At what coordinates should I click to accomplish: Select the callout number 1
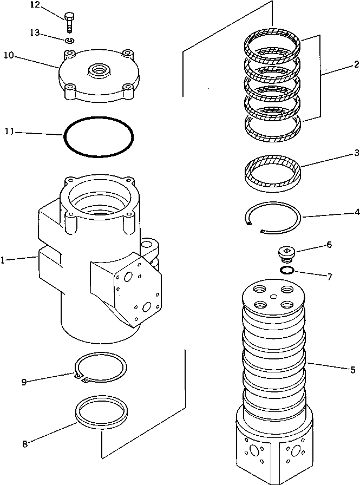[3, 260]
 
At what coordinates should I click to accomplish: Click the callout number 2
[356, 64]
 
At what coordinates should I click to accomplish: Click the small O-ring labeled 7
[287, 270]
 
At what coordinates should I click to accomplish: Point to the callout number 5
[353, 370]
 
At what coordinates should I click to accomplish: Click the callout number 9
[24, 382]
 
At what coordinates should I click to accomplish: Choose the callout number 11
[8, 132]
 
